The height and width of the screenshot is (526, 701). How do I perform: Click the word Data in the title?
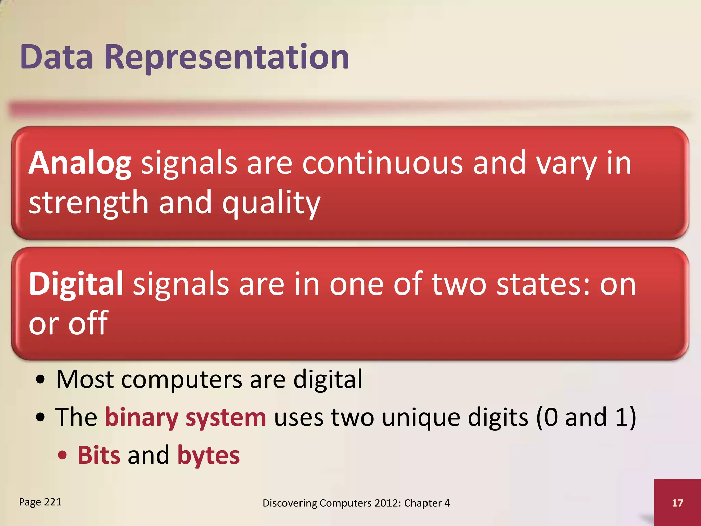(x=56, y=57)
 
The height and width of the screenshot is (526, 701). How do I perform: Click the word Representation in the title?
(x=226, y=57)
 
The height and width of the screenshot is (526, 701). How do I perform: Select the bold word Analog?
(x=80, y=163)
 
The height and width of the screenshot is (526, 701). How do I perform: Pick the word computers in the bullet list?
(x=181, y=379)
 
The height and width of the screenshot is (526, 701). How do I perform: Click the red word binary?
(x=141, y=418)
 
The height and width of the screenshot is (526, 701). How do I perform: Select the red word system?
(x=226, y=418)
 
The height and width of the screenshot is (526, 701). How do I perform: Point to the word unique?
(x=421, y=418)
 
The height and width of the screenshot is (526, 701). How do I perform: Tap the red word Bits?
(x=99, y=455)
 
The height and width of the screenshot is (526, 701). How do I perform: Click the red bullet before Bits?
(x=62, y=455)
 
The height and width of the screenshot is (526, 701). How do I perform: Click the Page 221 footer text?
(x=40, y=502)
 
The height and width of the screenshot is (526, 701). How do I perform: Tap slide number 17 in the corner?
(x=677, y=503)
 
